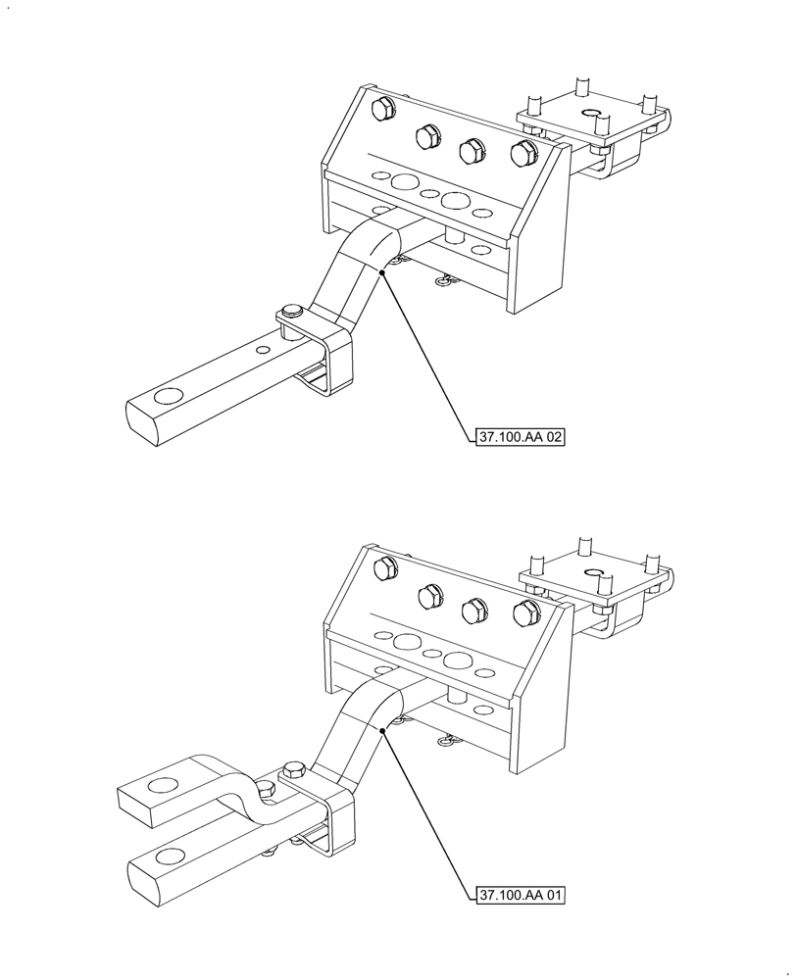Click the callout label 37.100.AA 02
pyautogui.click(x=520, y=438)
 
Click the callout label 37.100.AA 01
pyautogui.click(x=520, y=895)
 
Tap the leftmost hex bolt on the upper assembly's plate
pyautogui.click(x=383, y=109)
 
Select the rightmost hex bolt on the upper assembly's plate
pyautogui.click(x=522, y=155)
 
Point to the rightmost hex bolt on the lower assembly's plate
pyautogui.click(x=525, y=614)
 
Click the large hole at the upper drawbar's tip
pyautogui.click(x=168, y=397)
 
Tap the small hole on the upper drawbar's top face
pyautogui.click(x=263, y=349)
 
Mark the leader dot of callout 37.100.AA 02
pyautogui.click(x=380, y=272)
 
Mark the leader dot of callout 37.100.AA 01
pyautogui.click(x=382, y=729)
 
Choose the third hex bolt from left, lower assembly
pyautogui.click(x=474, y=609)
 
